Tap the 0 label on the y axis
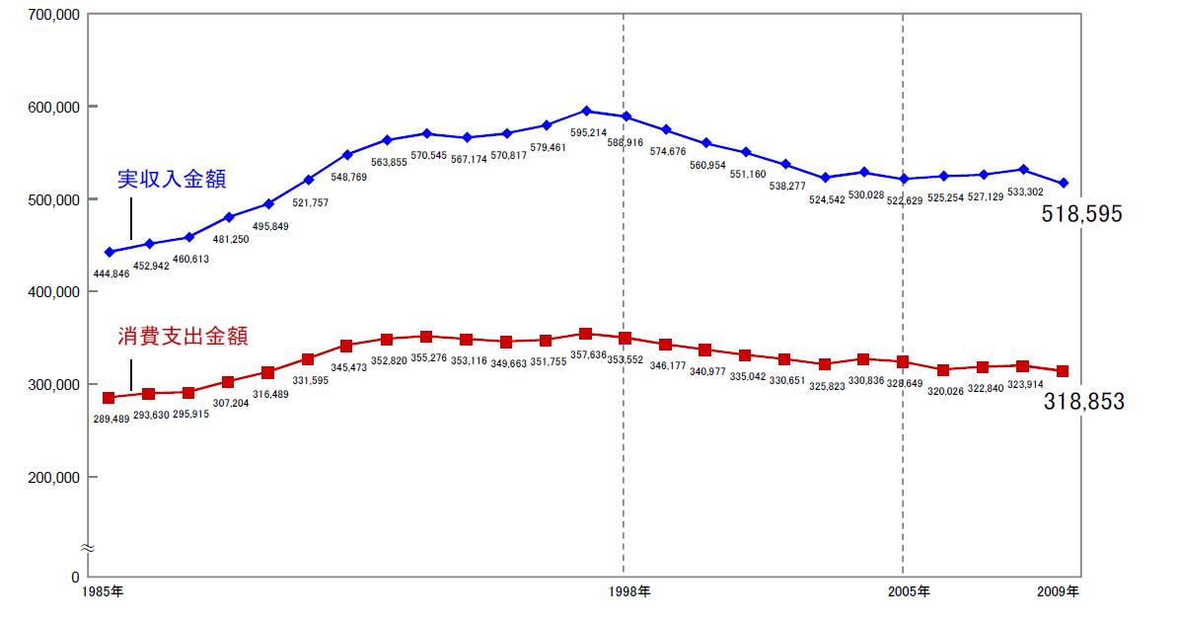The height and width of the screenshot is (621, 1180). click(x=75, y=576)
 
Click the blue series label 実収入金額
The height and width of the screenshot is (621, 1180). click(x=172, y=180)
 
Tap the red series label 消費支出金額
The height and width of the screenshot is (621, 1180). click(x=182, y=337)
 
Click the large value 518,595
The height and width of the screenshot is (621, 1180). click(x=1081, y=214)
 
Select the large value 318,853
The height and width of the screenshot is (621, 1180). click(x=1083, y=401)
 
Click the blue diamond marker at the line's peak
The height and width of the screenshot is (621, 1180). click(x=586, y=112)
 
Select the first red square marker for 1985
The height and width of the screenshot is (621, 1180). click(x=109, y=398)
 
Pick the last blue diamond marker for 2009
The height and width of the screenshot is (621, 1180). click(x=1063, y=184)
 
